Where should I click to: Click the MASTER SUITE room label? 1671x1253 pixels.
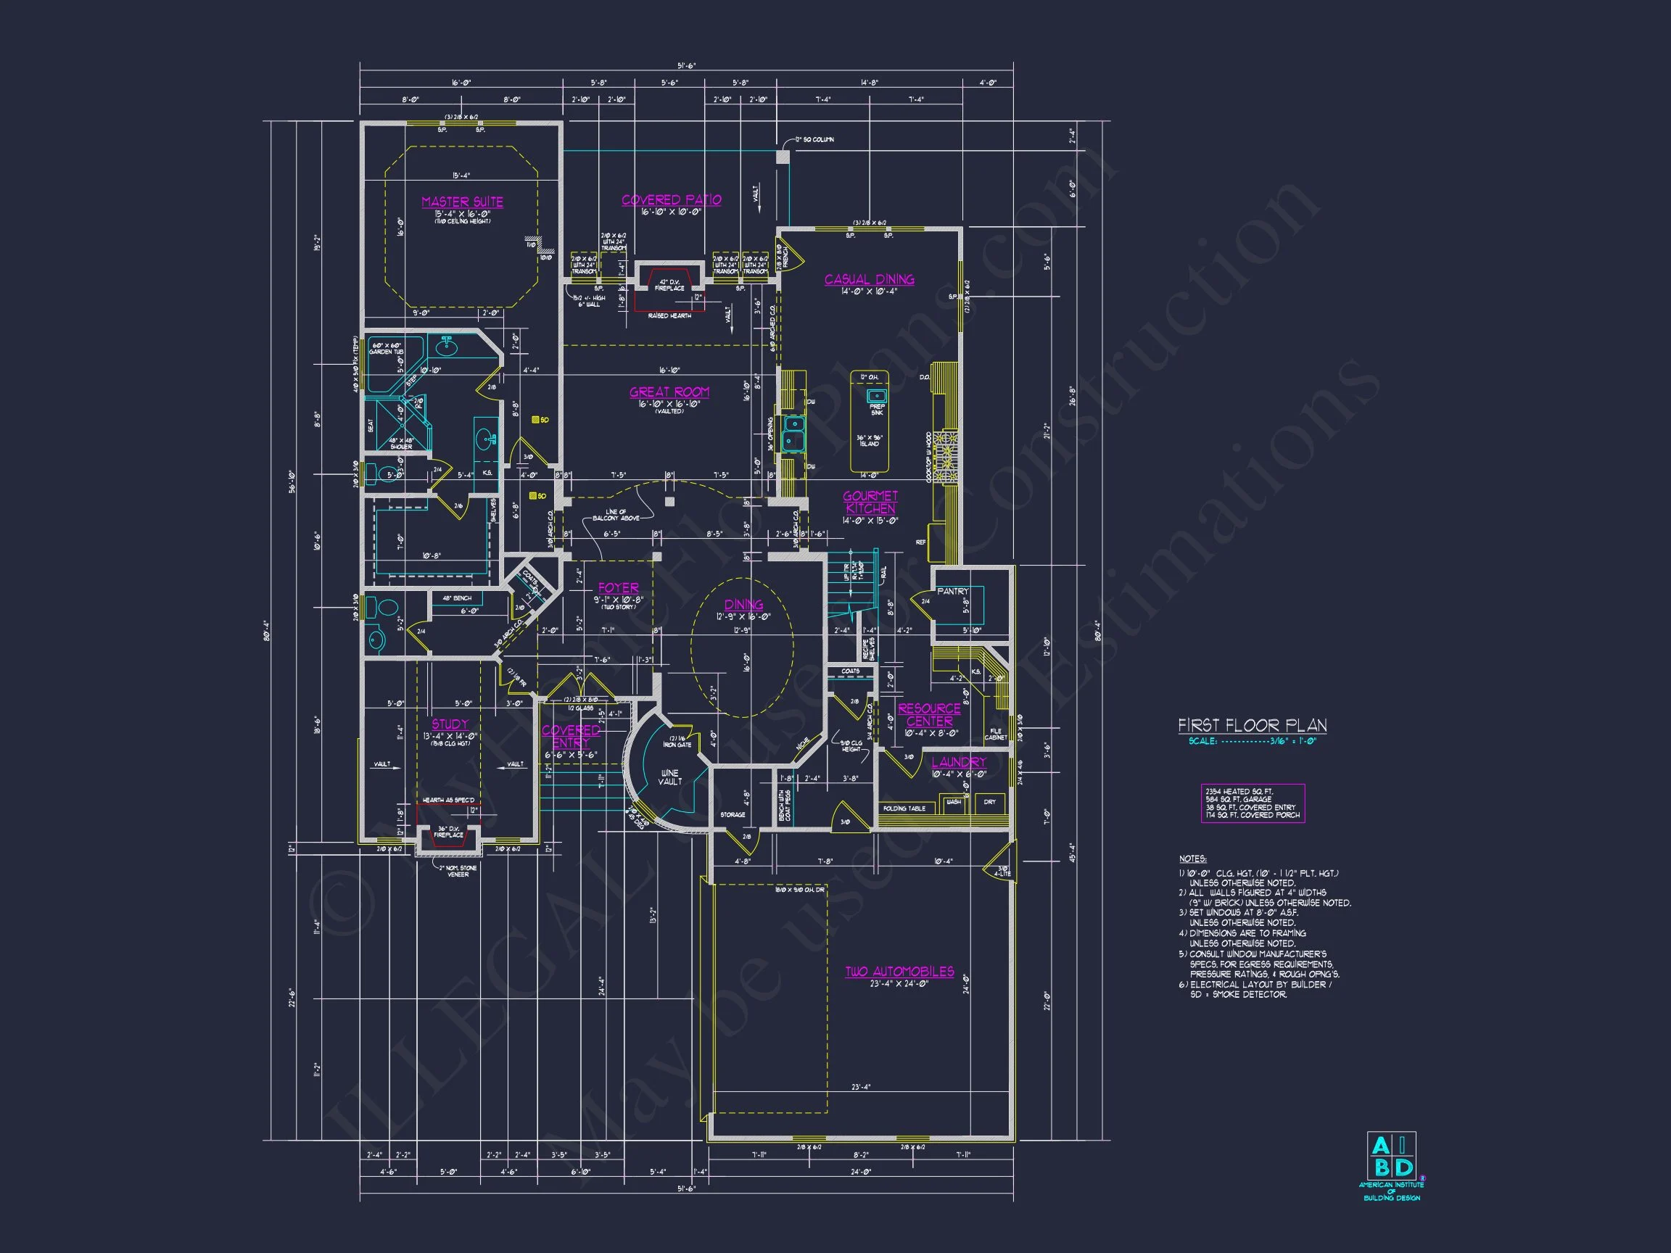[x=462, y=202]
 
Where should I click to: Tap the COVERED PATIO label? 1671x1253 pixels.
[x=671, y=200]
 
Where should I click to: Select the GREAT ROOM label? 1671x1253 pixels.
[x=669, y=392]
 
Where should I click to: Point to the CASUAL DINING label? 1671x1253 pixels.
[x=869, y=279]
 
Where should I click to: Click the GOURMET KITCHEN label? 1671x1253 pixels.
[x=870, y=503]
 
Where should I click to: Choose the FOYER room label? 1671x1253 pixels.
[x=618, y=587]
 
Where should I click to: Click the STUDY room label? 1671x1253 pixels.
[x=450, y=724]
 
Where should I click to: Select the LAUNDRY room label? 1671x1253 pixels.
[x=959, y=762]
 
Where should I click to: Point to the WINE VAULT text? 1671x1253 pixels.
[x=669, y=777]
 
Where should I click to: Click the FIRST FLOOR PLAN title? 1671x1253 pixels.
[x=1252, y=726]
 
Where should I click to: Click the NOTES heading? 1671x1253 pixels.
[x=1193, y=859]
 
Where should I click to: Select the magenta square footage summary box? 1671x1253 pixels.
[x=1253, y=803]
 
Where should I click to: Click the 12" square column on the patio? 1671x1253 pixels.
[x=783, y=157]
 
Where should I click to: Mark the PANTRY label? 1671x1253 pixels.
[x=952, y=592]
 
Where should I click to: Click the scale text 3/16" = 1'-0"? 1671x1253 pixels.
[x=1253, y=742]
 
